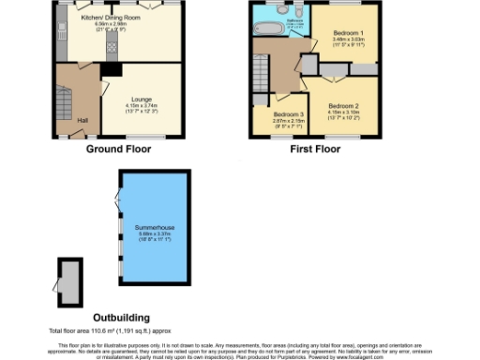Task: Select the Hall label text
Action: coord(82,120)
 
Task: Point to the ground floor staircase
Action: coord(65,98)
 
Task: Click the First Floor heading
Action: coord(314,150)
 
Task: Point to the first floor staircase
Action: coord(261,67)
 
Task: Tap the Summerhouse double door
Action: coord(116,199)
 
